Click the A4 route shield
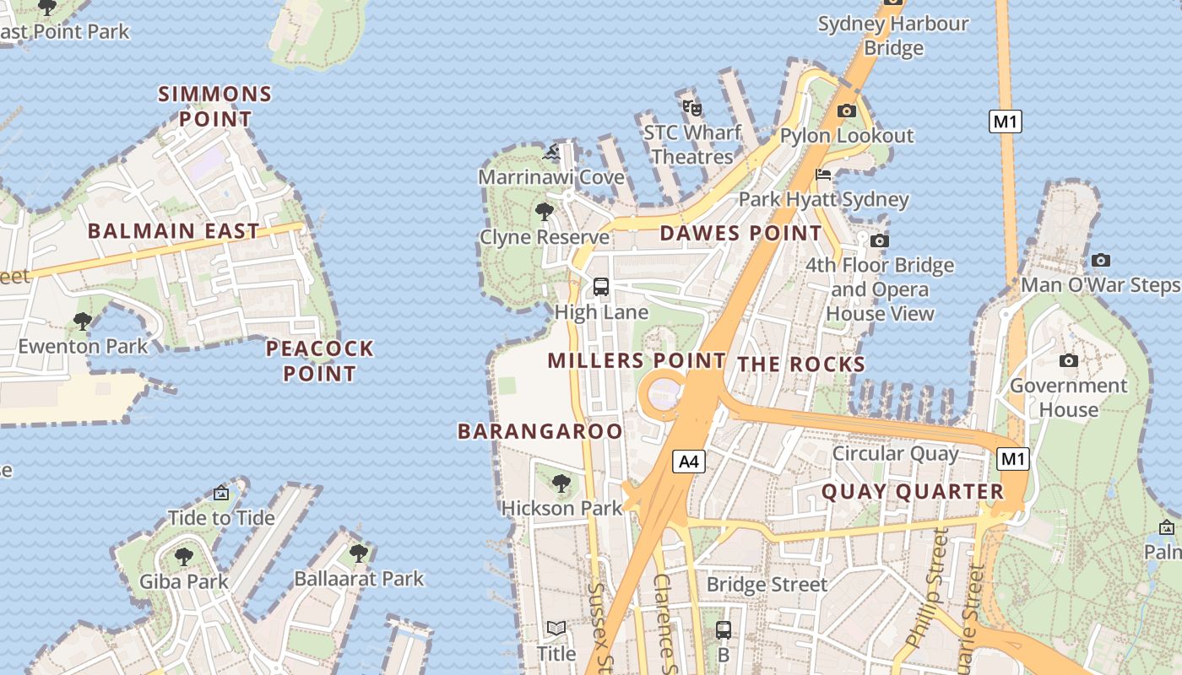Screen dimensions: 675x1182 (x=689, y=461)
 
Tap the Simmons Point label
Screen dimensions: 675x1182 (x=215, y=105)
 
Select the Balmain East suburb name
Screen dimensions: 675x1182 (x=173, y=230)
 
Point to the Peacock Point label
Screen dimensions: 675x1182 (x=319, y=360)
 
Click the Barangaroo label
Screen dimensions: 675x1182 (x=539, y=431)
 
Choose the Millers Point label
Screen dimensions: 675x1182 (x=636, y=360)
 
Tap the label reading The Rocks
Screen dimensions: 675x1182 (x=801, y=364)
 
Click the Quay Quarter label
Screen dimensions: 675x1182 (x=912, y=491)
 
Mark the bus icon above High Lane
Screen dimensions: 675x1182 (x=601, y=287)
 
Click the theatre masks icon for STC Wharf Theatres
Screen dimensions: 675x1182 (x=692, y=108)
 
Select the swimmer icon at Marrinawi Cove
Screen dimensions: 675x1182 (x=551, y=153)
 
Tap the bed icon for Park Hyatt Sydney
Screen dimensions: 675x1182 (x=823, y=175)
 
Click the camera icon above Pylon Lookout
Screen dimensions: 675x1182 (x=846, y=111)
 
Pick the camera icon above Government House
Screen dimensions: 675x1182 (x=1069, y=361)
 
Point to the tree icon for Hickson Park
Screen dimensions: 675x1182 (x=561, y=483)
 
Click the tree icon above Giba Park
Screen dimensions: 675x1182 (x=183, y=557)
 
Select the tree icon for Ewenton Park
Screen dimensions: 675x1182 (x=82, y=321)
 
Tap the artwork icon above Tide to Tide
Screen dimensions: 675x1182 (x=221, y=493)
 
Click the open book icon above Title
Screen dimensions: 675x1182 (x=556, y=629)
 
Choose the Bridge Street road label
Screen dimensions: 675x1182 (x=767, y=584)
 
